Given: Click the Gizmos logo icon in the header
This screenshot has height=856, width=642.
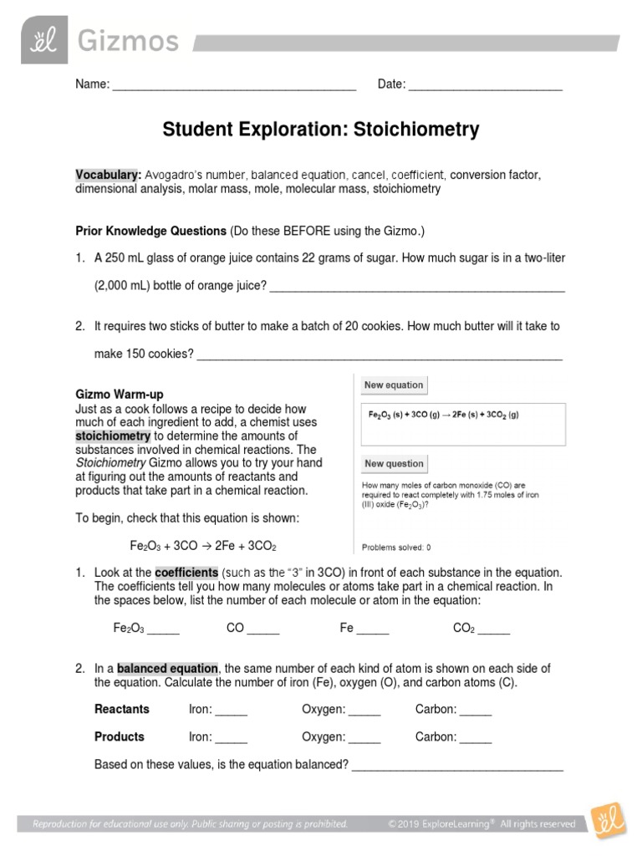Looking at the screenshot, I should pyautogui.click(x=42, y=40).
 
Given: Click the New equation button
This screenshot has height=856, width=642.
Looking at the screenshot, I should pyautogui.click(x=393, y=385).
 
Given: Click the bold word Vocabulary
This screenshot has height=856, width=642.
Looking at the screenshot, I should pyautogui.click(x=108, y=176).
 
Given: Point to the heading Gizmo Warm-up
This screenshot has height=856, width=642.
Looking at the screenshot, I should pyautogui.click(x=120, y=394).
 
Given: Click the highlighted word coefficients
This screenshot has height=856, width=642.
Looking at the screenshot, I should pyautogui.click(x=186, y=572).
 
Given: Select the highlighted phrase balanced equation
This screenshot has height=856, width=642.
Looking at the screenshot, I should pyautogui.click(x=167, y=669).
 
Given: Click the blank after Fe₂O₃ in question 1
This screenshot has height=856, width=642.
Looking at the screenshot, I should pyautogui.click(x=163, y=629).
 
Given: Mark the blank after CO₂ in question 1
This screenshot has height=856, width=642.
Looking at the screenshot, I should pyautogui.click(x=493, y=629).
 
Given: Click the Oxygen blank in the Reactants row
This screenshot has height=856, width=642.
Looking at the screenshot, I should pyautogui.click(x=364, y=711).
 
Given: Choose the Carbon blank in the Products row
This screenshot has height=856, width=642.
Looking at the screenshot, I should pyautogui.click(x=476, y=738).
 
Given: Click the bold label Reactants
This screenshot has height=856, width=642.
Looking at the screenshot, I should pyautogui.click(x=122, y=710).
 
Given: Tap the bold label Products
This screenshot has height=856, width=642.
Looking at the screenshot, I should pyautogui.click(x=120, y=737).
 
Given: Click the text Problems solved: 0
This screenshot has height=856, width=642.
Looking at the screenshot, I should pyautogui.click(x=396, y=548).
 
